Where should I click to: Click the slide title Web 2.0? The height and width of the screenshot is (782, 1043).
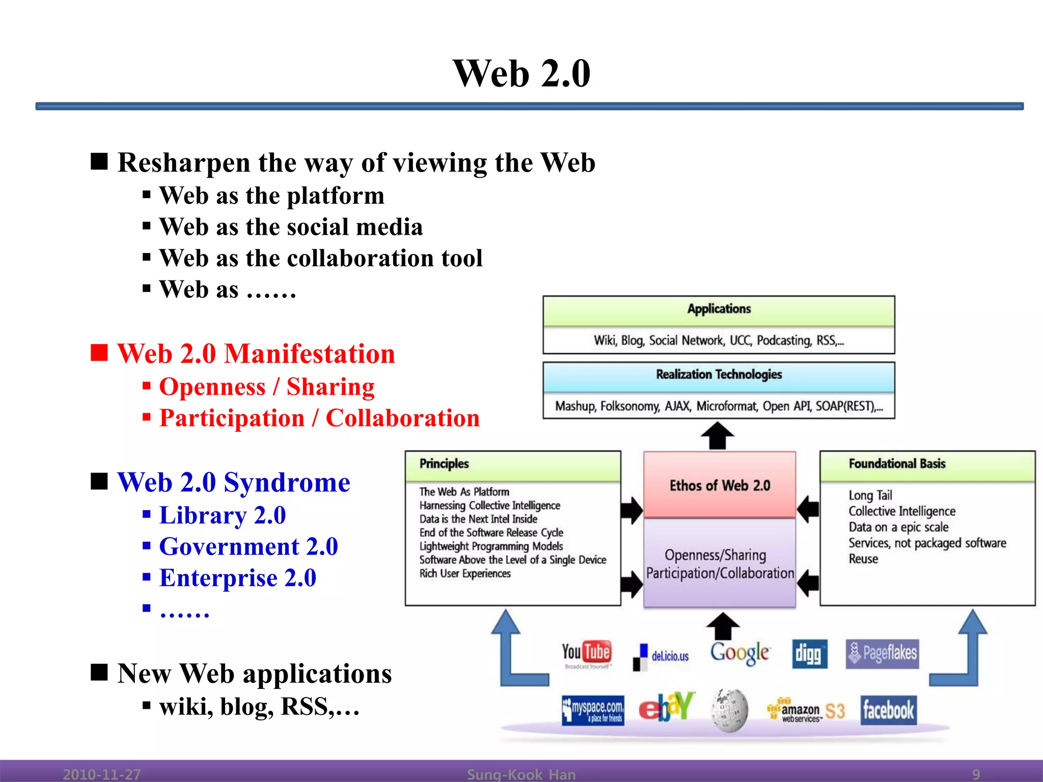coord(521,73)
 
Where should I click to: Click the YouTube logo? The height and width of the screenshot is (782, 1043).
coord(587,654)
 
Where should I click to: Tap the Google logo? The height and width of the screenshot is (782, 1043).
coord(740,653)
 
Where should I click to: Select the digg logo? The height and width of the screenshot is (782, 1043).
coord(809,654)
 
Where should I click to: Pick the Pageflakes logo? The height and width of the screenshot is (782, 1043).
coord(883,653)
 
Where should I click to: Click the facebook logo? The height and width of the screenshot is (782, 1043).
coord(888,710)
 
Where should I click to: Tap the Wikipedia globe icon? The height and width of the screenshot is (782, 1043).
coord(730,710)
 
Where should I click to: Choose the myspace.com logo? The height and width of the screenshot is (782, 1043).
coord(593,710)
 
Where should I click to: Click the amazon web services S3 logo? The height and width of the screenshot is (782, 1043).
coord(806,711)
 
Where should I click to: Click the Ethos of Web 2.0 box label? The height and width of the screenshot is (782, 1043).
coord(720,485)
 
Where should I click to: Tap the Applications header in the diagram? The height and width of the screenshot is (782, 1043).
coord(719,309)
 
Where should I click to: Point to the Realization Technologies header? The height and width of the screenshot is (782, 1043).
coord(719,375)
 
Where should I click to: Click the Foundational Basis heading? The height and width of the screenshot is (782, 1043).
coord(897,464)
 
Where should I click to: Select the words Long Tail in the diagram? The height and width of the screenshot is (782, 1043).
coord(870,495)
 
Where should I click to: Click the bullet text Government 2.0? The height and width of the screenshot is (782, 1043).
coord(249,547)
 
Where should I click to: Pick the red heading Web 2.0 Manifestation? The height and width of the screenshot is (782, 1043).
coord(256,354)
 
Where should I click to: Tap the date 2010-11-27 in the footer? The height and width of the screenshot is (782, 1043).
coord(101,774)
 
